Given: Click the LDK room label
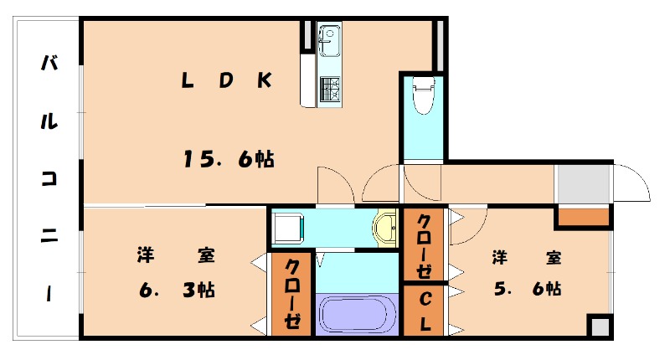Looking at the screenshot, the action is (x=227, y=80).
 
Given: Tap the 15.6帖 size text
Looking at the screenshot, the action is (x=229, y=159).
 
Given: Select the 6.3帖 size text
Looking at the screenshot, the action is (x=177, y=291).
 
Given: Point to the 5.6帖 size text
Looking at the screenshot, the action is (x=528, y=289).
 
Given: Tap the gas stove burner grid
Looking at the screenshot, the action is (x=329, y=89).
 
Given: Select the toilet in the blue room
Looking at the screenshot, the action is (x=424, y=95).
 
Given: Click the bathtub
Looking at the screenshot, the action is (x=357, y=314).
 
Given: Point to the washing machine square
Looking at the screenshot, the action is (x=288, y=228).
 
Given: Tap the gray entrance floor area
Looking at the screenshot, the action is (x=582, y=183).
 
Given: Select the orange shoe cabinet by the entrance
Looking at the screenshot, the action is (x=584, y=217).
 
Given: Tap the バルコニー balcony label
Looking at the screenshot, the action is (x=49, y=178).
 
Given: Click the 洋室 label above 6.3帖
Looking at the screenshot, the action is (x=176, y=255).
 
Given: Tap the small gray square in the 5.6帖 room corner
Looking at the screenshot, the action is (x=600, y=327).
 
